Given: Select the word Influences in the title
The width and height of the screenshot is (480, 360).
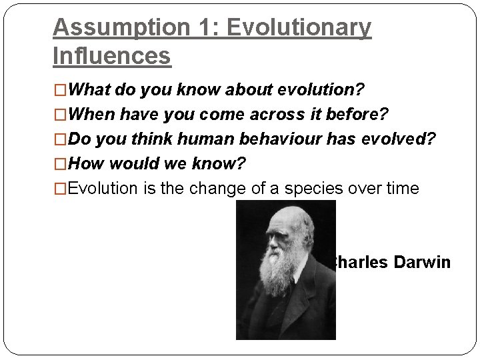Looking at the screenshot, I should (x=111, y=56).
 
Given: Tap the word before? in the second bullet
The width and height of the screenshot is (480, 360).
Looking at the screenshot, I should (x=359, y=114).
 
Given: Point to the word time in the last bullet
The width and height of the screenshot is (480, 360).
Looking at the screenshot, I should (x=401, y=189).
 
